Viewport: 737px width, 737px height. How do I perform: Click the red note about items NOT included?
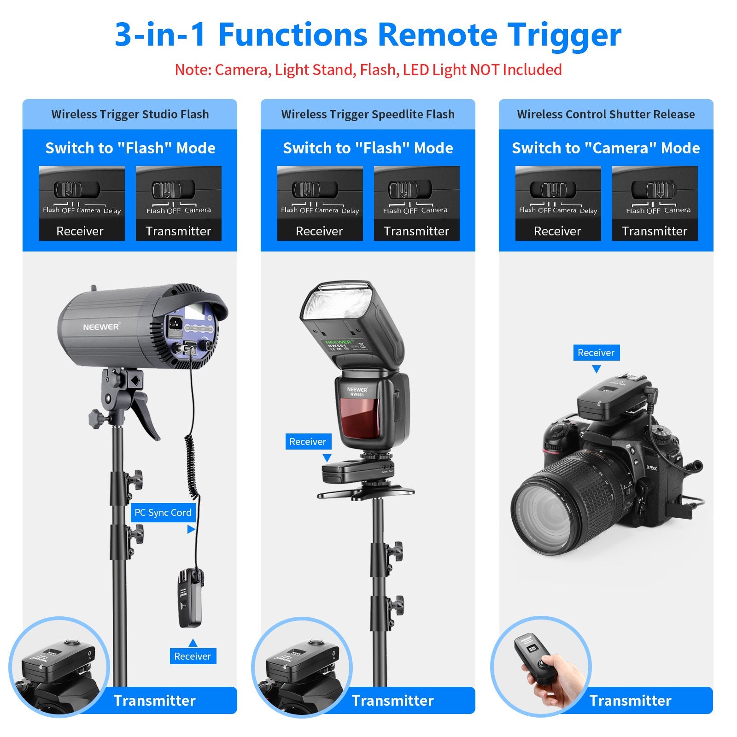click(368, 70)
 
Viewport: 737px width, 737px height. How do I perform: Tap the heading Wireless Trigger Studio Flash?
click(130, 114)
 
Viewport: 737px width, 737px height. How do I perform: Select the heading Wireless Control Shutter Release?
click(606, 114)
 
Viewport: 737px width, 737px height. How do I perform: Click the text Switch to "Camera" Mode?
click(606, 148)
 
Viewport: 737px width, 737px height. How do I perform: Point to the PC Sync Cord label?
click(163, 513)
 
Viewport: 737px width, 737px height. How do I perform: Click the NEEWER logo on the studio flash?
click(101, 327)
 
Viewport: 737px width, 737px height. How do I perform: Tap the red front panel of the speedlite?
click(360, 418)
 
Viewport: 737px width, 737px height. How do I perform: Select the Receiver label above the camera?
click(596, 353)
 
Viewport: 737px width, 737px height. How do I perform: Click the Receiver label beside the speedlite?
click(307, 442)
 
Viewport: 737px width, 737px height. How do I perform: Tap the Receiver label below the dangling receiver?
click(193, 656)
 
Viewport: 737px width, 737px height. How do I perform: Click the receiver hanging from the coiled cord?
click(190, 598)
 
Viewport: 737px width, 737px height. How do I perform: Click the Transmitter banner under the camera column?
click(630, 701)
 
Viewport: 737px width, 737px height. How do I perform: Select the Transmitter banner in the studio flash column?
click(155, 701)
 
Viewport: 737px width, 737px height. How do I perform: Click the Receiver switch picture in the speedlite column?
click(320, 203)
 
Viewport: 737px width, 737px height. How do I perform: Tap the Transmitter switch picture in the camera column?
click(655, 203)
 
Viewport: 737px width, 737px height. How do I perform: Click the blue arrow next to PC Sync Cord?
click(191, 530)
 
